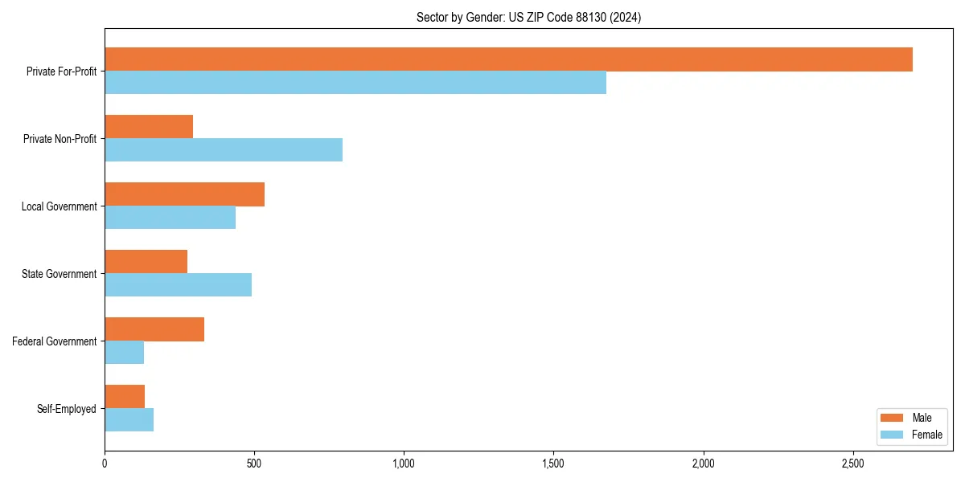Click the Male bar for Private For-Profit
point(508,59)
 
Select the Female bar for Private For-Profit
point(355,83)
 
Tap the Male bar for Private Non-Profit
point(149,127)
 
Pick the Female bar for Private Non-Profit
point(224,150)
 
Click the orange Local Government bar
point(184,194)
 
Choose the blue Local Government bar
point(170,218)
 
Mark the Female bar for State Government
point(178,285)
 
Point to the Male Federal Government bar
point(154,329)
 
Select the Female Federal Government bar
point(124,353)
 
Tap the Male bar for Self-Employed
point(125,397)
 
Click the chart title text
point(528,17)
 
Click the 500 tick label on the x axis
point(254,464)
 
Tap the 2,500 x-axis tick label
point(852,464)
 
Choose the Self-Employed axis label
point(67,409)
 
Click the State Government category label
point(60,274)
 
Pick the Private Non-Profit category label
point(60,139)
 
